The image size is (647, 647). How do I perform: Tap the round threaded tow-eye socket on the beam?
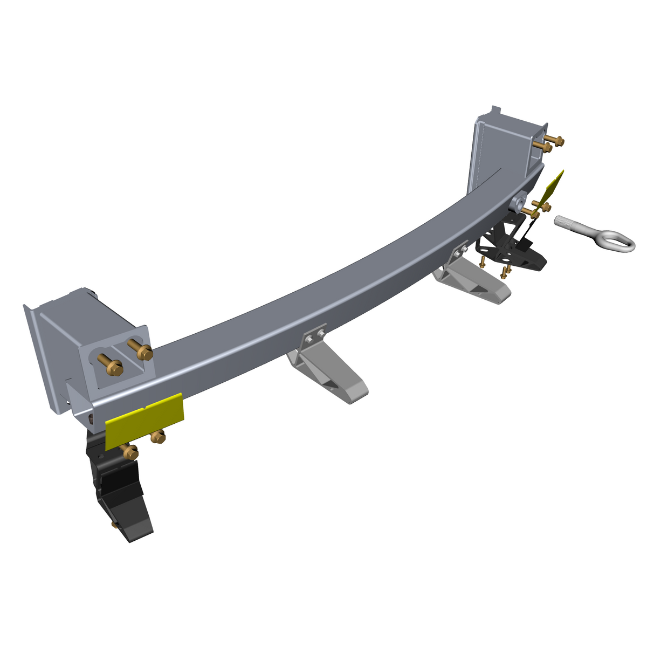coord(520,202)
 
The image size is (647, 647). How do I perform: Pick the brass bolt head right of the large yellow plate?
coord(157,437)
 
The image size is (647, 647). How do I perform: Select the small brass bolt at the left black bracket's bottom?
coord(114,524)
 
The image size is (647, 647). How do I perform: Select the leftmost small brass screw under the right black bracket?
coord(483,263)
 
